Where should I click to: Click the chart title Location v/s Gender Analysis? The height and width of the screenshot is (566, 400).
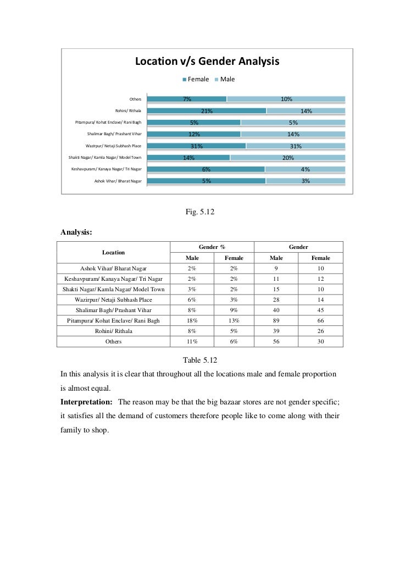(208, 62)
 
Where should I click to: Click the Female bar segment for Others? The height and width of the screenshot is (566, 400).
(187, 99)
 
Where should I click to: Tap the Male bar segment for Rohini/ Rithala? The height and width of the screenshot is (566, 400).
(305, 111)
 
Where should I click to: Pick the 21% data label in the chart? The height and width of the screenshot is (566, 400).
(207, 111)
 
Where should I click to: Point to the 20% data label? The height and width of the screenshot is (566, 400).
(287, 158)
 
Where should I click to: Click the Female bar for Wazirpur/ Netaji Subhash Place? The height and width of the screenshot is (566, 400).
(197, 146)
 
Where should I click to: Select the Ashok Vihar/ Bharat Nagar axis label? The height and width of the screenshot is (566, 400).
(118, 180)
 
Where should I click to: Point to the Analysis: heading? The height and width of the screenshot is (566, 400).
(76, 232)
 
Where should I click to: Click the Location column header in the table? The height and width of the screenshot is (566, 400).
(113, 252)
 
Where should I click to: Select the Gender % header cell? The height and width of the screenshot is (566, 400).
(212, 247)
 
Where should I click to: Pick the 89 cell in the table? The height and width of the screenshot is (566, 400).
(276, 320)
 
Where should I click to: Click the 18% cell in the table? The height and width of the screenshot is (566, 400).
(192, 320)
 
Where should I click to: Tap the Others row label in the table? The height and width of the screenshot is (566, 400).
(113, 341)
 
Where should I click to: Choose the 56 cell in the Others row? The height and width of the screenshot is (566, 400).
(276, 341)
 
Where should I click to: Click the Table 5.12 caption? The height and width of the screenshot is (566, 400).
(200, 360)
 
